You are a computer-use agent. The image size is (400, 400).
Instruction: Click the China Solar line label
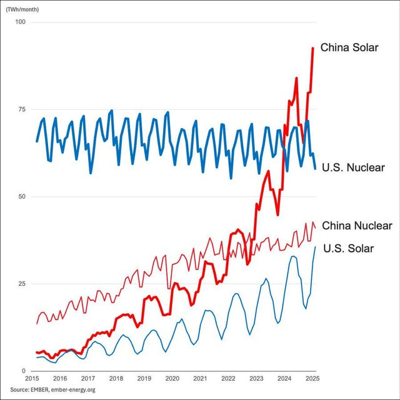click(x=349, y=47)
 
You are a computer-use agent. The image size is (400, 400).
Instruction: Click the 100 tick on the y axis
click(x=21, y=22)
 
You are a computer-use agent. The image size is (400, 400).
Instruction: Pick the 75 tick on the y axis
click(x=22, y=109)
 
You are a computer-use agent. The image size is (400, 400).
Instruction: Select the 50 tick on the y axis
click(x=22, y=197)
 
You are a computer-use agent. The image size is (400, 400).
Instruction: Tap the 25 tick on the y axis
click(x=22, y=284)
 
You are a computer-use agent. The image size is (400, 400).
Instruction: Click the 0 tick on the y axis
click(x=24, y=371)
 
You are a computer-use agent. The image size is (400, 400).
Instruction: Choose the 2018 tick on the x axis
click(x=116, y=379)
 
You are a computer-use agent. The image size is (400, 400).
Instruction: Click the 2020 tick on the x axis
click(x=172, y=379)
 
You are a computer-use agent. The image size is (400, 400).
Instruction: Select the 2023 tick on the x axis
click(x=256, y=379)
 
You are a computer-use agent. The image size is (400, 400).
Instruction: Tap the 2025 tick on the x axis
click(x=312, y=379)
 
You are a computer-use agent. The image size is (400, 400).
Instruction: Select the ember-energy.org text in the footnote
click(x=77, y=390)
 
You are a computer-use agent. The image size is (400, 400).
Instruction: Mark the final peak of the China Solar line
click(x=313, y=48)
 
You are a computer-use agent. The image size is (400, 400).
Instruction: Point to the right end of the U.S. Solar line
click(x=315, y=246)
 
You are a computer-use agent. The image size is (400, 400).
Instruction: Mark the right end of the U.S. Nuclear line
click(x=315, y=168)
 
